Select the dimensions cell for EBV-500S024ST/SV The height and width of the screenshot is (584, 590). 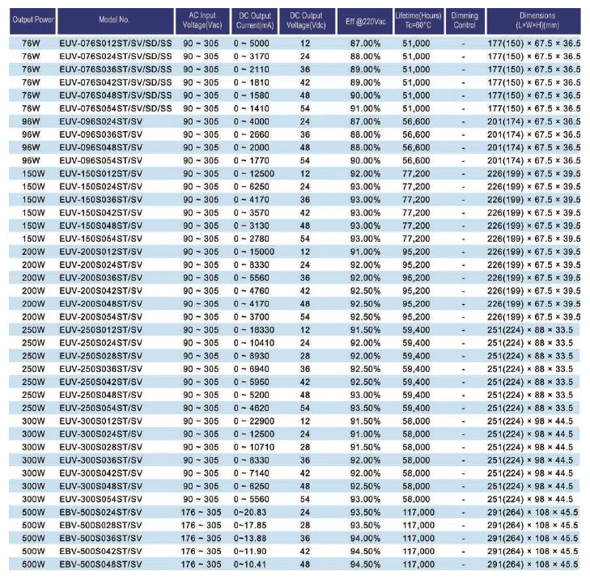pyautogui.click(x=534, y=511)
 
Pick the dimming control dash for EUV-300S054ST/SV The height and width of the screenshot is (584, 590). pyautogui.click(x=463, y=498)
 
